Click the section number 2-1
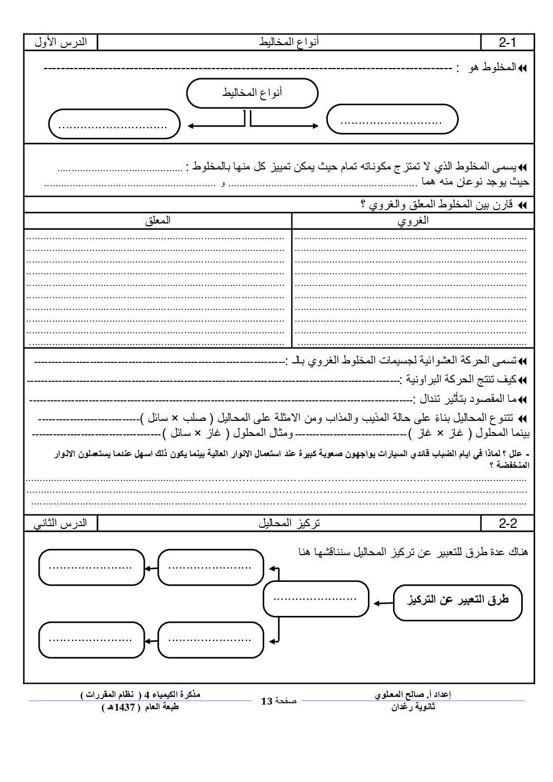click(x=508, y=42)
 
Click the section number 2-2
click(x=508, y=523)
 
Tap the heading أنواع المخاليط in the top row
click(x=289, y=42)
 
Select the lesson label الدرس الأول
click(x=60, y=42)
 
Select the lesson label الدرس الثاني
click(x=60, y=523)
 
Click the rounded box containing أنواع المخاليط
click(x=252, y=93)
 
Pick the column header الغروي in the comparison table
click(x=413, y=221)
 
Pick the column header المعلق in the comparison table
click(x=158, y=221)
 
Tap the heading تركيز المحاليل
click(x=289, y=523)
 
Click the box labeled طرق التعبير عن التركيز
click(x=458, y=601)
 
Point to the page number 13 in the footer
click(x=266, y=701)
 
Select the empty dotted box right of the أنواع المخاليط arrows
click(x=392, y=119)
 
